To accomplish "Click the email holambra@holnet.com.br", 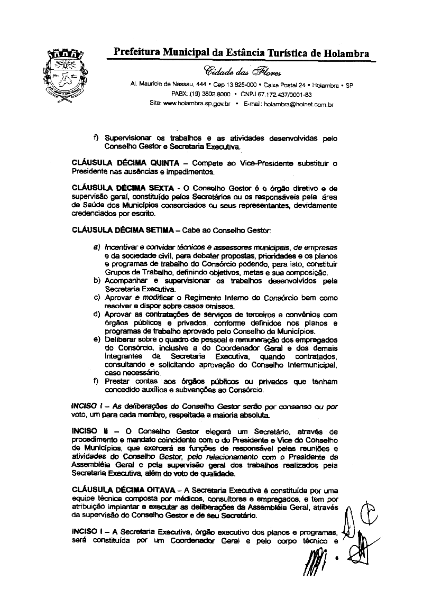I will click(x=288, y=104).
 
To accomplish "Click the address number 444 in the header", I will click(x=200, y=85).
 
